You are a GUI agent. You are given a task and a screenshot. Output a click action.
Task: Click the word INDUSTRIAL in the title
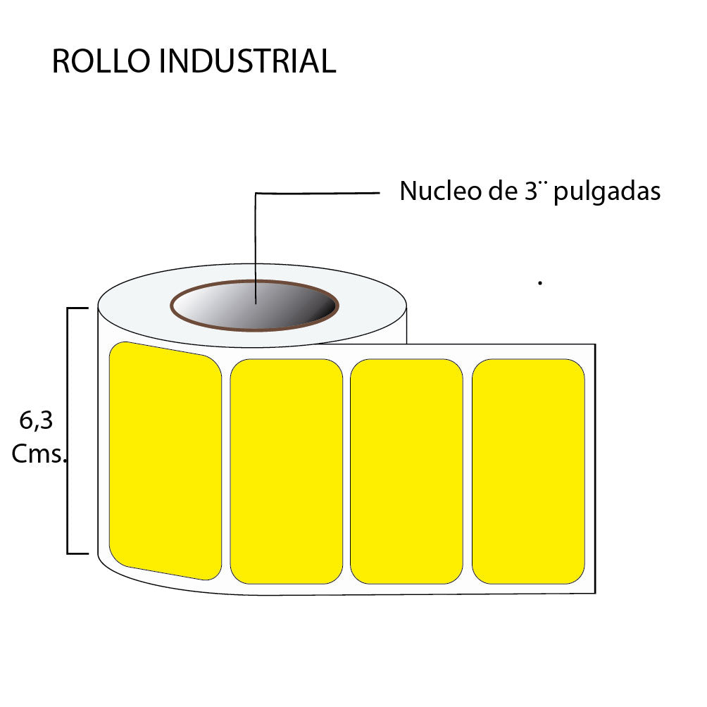point(247,62)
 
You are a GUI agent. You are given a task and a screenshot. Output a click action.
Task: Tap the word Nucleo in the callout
point(433,192)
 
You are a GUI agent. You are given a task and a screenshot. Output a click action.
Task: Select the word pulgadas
point(607,193)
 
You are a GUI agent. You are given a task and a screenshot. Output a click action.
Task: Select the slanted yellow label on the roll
point(165,461)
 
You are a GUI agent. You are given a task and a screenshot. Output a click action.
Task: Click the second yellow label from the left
point(286,471)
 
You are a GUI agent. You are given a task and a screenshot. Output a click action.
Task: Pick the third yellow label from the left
point(406,471)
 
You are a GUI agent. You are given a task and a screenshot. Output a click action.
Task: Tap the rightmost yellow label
point(528,471)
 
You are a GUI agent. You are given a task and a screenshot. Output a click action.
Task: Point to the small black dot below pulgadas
point(539,283)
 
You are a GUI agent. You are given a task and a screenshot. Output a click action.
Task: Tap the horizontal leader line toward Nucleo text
point(317,192)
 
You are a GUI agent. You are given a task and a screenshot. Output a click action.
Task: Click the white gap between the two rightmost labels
point(467,471)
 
